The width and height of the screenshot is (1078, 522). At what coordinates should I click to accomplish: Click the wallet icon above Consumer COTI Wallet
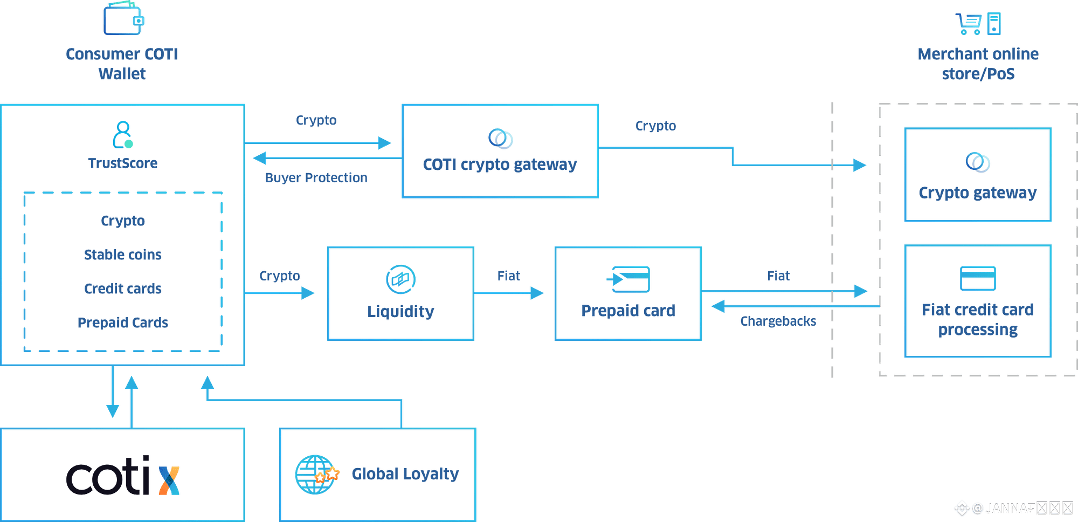pyautogui.click(x=123, y=19)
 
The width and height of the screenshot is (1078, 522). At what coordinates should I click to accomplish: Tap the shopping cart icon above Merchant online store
pyautogui.click(x=969, y=23)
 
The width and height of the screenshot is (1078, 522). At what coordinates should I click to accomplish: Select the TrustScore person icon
pyautogui.click(x=123, y=135)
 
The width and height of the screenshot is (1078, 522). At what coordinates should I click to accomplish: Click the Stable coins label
pyautogui.click(x=123, y=255)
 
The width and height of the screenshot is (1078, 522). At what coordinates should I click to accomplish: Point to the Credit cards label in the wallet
pyautogui.click(x=123, y=289)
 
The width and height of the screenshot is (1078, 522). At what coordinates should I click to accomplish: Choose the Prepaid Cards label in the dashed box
pyautogui.click(x=123, y=322)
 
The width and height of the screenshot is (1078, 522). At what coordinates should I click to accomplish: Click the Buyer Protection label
pyautogui.click(x=316, y=177)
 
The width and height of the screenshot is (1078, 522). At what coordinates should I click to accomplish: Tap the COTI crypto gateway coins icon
pyautogui.click(x=500, y=139)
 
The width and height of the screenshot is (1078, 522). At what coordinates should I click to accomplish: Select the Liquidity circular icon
pyautogui.click(x=400, y=279)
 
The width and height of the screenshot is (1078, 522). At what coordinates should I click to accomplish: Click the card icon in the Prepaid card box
pyautogui.click(x=630, y=279)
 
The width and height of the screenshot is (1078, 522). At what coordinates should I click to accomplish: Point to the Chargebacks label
pyautogui.click(x=778, y=321)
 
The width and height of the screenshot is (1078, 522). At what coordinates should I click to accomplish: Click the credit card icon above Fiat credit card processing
pyautogui.click(x=978, y=278)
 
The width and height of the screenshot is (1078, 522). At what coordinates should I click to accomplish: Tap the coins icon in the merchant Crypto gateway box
pyautogui.click(x=977, y=162)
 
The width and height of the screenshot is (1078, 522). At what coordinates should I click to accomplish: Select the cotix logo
pyautogui.click(x=123, y=476)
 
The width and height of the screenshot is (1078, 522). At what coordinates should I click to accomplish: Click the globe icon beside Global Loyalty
pyautogui.click(x=316, y=474)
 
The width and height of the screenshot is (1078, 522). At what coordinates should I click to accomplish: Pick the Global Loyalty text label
pyautogui.click(x=405, y=473)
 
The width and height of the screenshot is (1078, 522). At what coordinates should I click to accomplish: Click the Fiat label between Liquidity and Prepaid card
pyautogui.click(x=509, y=276)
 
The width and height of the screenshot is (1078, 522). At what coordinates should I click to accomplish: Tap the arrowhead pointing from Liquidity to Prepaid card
pyautogui.click(x=537, y=293)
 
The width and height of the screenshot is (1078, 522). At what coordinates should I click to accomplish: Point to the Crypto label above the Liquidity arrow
pyautogui.click(x=280, y=276)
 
